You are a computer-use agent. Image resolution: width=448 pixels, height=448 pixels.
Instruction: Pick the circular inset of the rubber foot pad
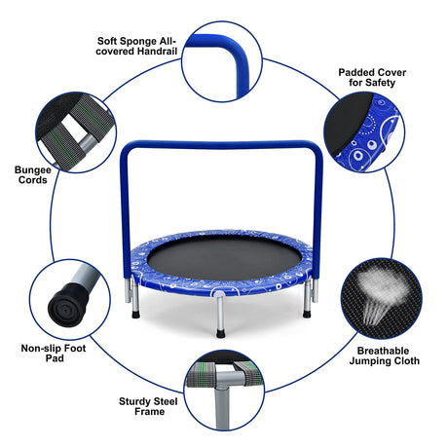69,299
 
